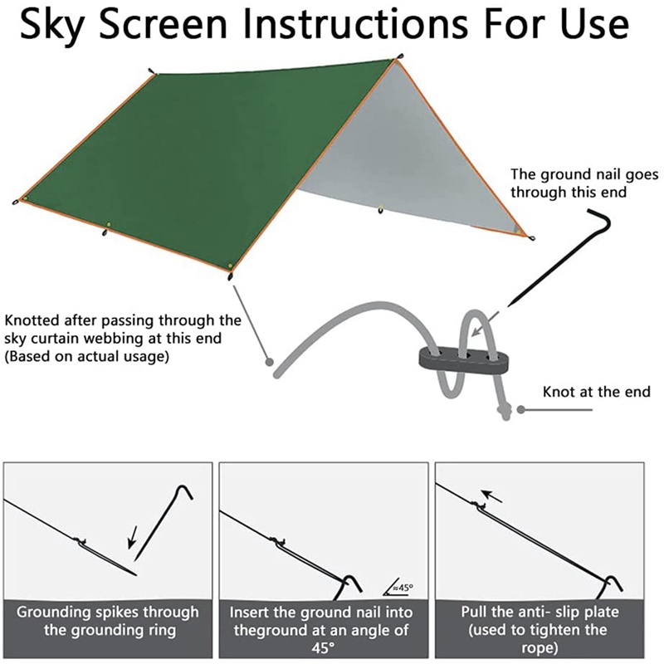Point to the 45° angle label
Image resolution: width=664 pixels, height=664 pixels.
[400, 588]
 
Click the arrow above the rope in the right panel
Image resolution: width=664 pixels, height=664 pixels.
[493, 496]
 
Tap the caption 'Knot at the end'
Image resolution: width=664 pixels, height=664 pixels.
[596, 391]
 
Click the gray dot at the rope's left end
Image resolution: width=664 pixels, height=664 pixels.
[268, 361]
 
